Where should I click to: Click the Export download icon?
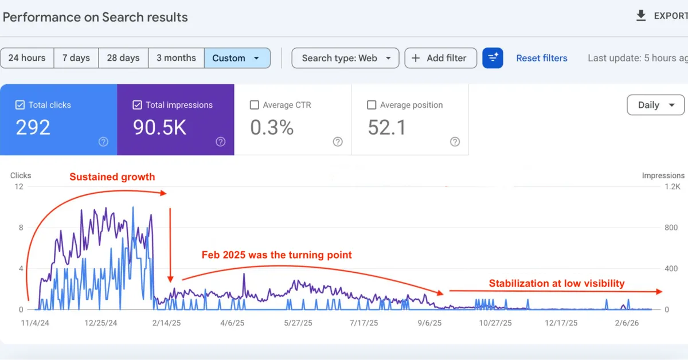(641, 16)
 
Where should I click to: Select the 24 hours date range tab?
(27, 58)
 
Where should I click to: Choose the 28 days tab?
(123, 58)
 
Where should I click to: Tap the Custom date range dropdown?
(237, 58)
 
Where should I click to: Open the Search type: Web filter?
(346, 58)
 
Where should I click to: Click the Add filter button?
(440, 58)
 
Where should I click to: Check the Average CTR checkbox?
(255, 105)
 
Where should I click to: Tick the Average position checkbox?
(371, 105)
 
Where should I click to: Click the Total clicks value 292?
(33, 128)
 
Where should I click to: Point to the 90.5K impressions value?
(160, 128)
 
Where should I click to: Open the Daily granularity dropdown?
(656, 105)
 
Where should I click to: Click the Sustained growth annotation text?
(112, 177)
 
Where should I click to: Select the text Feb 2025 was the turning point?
(276, 255)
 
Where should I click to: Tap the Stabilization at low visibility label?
(556, 283)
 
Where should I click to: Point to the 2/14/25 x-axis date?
(166, 323)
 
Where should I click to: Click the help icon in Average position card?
(455, 142)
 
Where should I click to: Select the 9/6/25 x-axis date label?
(430, 323)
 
